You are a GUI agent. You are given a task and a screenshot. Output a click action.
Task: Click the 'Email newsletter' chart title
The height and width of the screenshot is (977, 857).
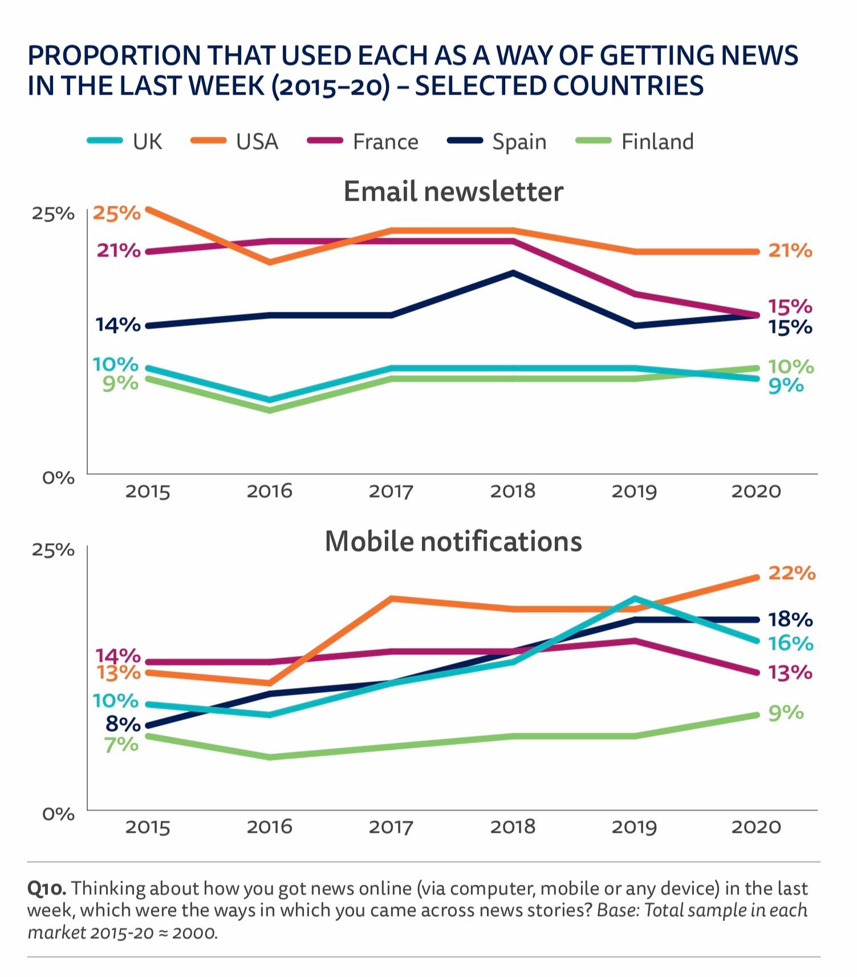(453, 191)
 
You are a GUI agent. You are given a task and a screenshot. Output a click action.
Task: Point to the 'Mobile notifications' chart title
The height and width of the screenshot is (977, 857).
(453, 541)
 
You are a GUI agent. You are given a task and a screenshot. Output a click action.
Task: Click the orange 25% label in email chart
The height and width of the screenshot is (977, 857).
(117, 213)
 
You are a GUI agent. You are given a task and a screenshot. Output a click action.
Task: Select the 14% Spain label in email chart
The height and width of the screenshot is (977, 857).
(118, 325)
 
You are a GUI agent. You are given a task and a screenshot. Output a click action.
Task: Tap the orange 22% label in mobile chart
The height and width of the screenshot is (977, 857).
(791, 573)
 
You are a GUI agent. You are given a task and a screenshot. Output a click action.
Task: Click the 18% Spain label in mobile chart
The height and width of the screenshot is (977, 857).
(790, 619)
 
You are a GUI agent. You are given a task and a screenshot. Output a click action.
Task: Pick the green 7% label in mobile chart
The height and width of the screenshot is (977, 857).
(121, 744)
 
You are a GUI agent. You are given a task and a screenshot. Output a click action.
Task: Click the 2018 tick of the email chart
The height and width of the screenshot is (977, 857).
(513, 491)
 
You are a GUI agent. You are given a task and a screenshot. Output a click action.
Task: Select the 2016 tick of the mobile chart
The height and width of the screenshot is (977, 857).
(269, 827)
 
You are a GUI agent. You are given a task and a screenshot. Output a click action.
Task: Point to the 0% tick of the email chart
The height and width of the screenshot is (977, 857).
(58, 477)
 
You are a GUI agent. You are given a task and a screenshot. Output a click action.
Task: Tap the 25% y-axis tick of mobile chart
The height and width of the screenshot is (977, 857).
(53, 549)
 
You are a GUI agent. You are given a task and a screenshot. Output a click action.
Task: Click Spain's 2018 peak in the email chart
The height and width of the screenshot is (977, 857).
(513, 273)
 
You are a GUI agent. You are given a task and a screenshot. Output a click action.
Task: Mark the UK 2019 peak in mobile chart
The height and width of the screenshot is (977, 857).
(635, 599)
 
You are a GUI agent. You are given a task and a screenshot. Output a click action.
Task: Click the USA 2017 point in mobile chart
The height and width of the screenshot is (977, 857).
(391, 599)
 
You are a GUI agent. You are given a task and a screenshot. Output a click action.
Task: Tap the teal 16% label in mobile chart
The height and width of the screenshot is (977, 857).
(790, 644)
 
